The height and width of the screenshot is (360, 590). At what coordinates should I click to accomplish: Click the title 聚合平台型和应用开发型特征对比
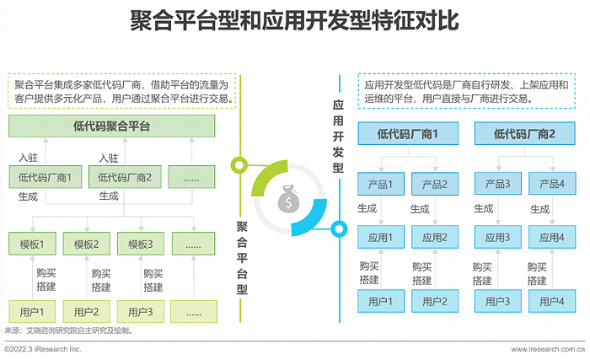(294, 20)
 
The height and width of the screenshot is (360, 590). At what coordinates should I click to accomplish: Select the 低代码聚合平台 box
(112, 127)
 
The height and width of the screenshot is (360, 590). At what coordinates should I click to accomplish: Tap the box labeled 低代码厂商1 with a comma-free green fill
(45, 177)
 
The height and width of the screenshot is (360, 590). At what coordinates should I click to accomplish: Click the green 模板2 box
(86, 245)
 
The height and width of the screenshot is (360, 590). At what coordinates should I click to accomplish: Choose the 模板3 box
(141, 245)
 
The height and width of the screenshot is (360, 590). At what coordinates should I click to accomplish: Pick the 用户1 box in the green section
(32, 312)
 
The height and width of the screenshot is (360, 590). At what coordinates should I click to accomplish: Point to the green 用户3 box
(141, 312)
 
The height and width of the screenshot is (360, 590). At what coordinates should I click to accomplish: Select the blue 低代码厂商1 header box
(408, 133)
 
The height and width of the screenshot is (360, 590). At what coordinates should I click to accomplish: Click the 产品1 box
(381, 185)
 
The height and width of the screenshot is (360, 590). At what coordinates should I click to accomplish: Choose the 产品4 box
(551, 185)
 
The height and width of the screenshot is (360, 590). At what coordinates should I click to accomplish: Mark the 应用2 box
(434, 238)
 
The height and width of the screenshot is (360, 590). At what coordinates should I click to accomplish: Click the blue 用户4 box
(551, 301)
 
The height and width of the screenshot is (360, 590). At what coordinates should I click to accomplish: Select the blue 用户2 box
(434, 301)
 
